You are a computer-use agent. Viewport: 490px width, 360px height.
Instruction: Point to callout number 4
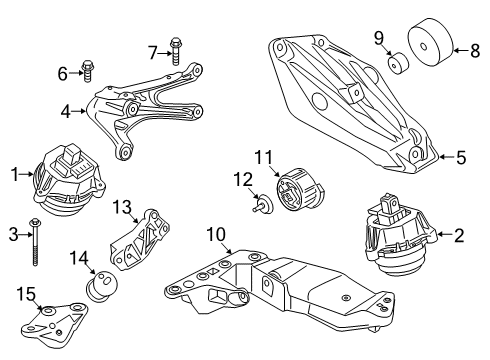tap(65, 111)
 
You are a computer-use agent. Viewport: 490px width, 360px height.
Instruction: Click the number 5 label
tap(462, 156)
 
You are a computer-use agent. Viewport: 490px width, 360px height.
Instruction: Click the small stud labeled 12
tap(263, 208)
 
